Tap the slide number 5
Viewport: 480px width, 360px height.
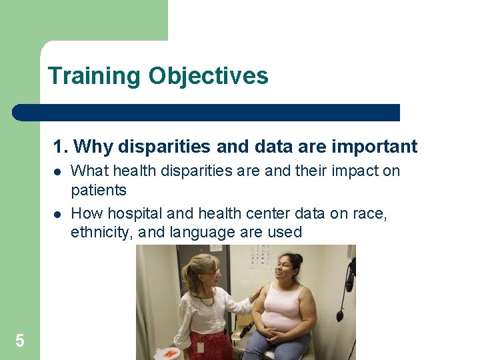click(x=20, y=341)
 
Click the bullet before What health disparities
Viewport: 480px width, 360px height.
click(x=57, y=171)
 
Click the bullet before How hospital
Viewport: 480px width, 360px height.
click(x=57, y=214)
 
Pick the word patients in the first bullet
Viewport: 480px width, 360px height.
click(x=99, y=191)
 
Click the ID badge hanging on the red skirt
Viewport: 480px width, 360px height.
click(x=200, y=347)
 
